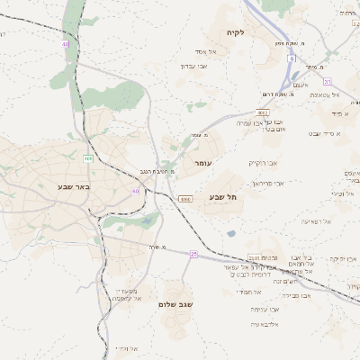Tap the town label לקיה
(261, 32)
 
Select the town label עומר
(202, 164)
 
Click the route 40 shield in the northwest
(65, 43)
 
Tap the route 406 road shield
(88, 158)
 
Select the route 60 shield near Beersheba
(135, 191)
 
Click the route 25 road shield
(193, 254)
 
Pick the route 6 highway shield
(292, 58)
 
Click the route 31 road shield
(328, 81)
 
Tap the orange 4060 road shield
(185, 199)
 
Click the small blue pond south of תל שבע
(231, 234)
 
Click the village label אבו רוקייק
(265, 163)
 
